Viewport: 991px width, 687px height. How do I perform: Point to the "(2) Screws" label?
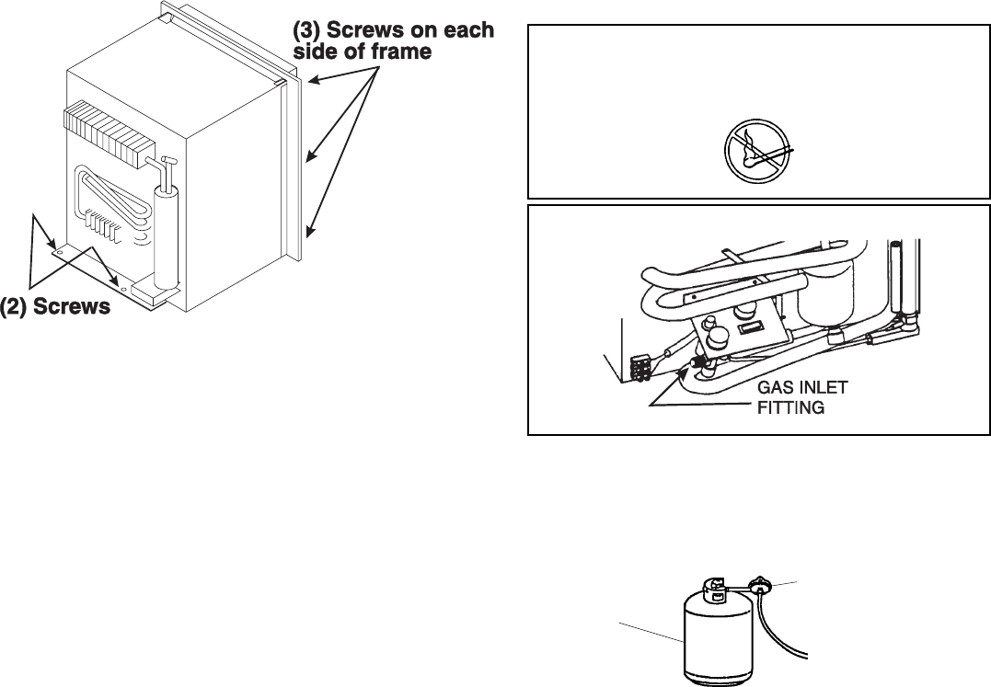click(x=57, y=306)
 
